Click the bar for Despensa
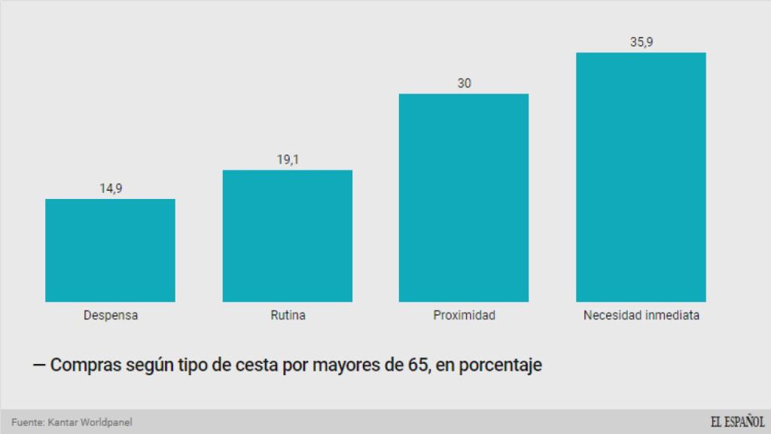(x=110, y=250)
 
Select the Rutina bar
(x=288, y=236)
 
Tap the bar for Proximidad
(x=464, y=197)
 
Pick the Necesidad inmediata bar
(x=641, y=177)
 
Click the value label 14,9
(x=111, y=188)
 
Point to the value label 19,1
(x=288, y=160)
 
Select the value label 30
(x=464, y=83)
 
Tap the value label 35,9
(x=641, y=42)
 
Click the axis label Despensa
(x=111, y=316)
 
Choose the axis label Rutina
(x=288, y=316)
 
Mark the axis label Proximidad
(x=464, y=316)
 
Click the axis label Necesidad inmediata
(x=641, y=316)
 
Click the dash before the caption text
(x=39, y=366)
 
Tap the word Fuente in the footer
(x=27, y=423)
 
